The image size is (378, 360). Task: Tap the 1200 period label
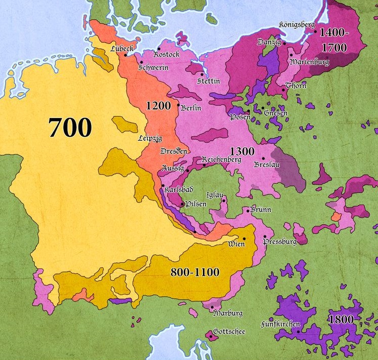[x=158, y=106]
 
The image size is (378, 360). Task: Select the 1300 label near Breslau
[x=242, y=151]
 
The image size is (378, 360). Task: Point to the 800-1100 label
[x=195, y=272]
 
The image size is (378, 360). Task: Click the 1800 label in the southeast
[x=341, y=319]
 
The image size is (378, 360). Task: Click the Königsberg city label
[x=297, y=24]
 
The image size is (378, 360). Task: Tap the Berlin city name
[x=191, y=107]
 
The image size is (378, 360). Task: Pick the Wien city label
[x=236, y=244]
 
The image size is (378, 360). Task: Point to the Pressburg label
[x=280, y=242]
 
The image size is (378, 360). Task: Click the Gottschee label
[x=230, y=332]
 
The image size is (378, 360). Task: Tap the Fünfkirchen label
[x=280, y=324]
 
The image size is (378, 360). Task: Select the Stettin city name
[x=209, y=81]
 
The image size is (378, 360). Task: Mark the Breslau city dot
[x=263, y=158]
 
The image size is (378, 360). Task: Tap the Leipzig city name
[x=150, y=138]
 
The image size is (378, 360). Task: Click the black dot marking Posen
[x=248, y=112]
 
